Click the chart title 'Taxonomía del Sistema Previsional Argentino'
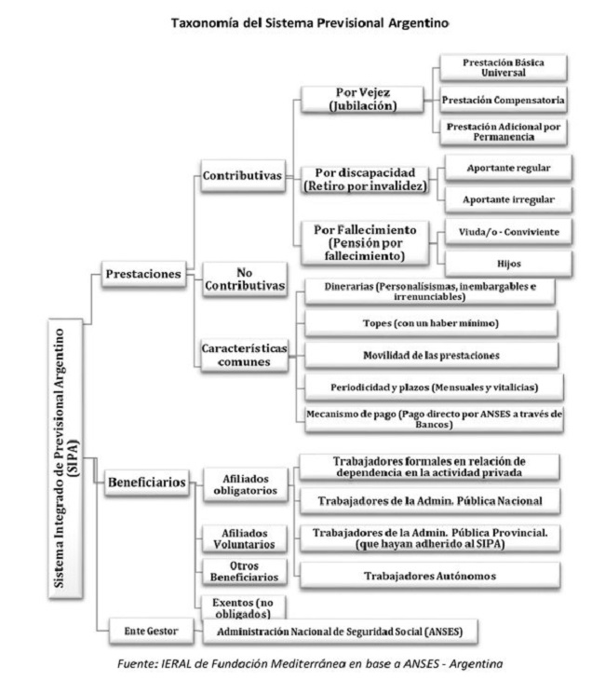[x=310, y=22]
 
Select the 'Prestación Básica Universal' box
[x=504, y=68]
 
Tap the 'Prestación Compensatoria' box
[x=504, y=100]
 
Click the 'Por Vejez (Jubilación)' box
[x=362, y=100]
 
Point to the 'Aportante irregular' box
[x=508, y=199]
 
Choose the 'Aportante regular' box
[x=508, y=168]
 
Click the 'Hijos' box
[x=508, y=264]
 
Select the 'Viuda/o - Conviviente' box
[x=508, y=232]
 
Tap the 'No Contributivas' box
[x=245, y=279]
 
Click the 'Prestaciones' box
[x=143, y=274]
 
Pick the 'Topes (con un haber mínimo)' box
[x=431, y=323]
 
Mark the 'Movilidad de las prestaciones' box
[x=431, y=355]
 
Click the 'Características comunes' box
[x=245, y=355]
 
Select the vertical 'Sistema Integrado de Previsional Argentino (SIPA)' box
[x=65, y=459]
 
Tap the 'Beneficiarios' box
[x=147, y=483]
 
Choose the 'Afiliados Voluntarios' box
[x=245, y=538]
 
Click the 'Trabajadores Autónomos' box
[x=429, y=576]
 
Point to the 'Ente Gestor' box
[x=151, y=631]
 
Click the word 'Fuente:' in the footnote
[x=137, y=663]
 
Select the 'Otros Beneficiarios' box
[x=245, y=572]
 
